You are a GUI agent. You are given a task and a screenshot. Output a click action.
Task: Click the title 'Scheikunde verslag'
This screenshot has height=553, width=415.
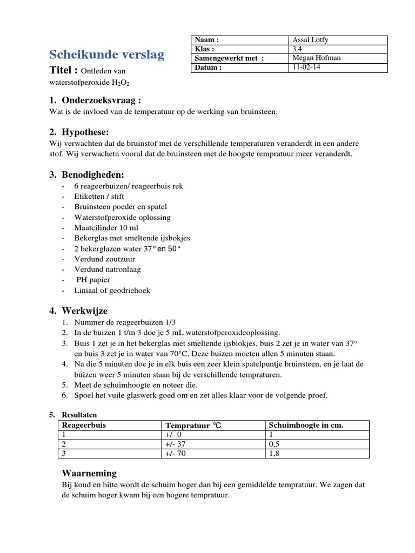click(107, 55)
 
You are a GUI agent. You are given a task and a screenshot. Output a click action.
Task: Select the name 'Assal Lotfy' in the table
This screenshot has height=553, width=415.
click(311, 40)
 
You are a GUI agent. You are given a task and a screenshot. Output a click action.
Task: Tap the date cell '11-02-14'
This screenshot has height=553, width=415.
click(306, 68)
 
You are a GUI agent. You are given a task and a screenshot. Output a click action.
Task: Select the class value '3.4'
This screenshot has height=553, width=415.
click(297, 49)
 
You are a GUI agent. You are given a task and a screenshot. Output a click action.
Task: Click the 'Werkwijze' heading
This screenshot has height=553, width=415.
click(84, 311)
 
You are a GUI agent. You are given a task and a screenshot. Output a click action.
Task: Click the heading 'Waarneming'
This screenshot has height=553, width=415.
click(90, 473)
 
